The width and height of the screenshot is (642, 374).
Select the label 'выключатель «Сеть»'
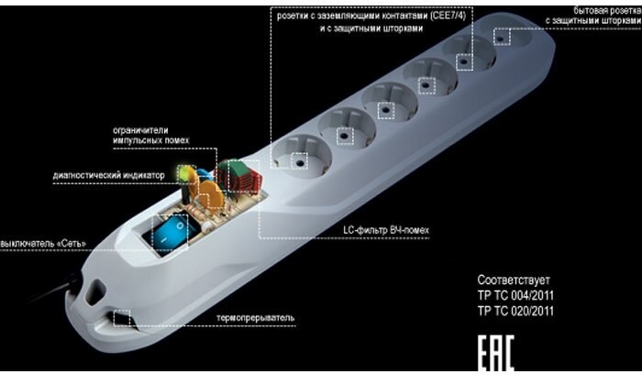(44, 242)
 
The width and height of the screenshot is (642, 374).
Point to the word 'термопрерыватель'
(256, 317)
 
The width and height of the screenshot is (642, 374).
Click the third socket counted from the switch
(385, 105)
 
